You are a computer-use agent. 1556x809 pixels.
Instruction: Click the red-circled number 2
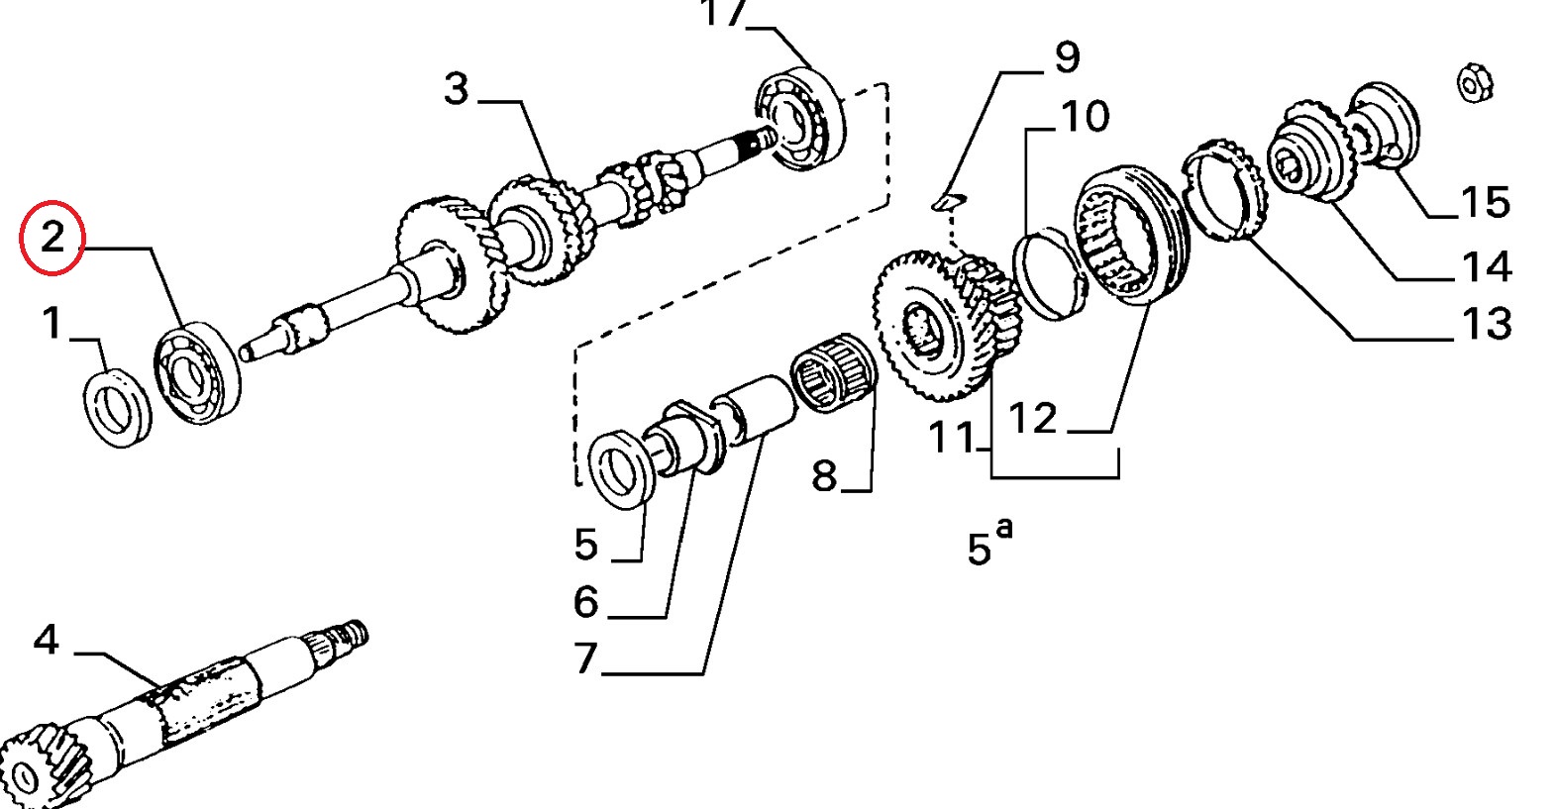[52, 238]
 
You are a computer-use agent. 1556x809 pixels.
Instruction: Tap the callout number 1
[52, 323]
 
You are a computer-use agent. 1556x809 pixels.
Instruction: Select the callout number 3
[457, 90]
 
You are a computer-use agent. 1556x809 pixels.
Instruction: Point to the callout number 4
[47, 640]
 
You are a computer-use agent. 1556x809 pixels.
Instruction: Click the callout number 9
[1067, 56]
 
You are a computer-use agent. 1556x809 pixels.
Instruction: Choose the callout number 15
[1486, 202]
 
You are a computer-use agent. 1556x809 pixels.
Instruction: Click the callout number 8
[824, 477]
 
